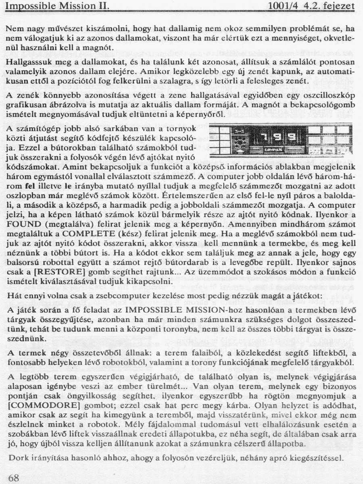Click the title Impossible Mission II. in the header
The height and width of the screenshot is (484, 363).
click(58, 6)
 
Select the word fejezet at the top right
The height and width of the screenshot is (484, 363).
click(338, 6)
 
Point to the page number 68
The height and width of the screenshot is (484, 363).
click(13, 478)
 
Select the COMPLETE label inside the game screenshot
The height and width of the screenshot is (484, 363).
click(274, 150)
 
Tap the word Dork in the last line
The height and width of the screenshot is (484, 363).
click(17, 458)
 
